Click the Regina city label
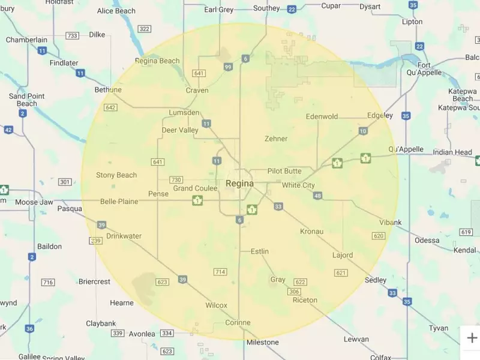point(239,184)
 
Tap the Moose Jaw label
point(34,202)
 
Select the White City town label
point(298,185)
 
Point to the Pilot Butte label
point(284,171)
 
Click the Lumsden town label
point(185,113)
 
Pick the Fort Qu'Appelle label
point(429,69)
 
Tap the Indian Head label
point(452,152)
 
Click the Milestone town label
point(262,342)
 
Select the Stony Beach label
point(116,175)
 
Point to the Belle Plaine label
point(119,202)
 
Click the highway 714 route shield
point(220,272)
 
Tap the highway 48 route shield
point(317,196)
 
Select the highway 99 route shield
point(227,67)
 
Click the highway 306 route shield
point(294,292)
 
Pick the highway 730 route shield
point(176,180)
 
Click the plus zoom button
point(472,338)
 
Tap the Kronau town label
point(311,231)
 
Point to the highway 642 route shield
point(110,107)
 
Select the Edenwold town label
point(322,116)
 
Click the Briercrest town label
point(94,281)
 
